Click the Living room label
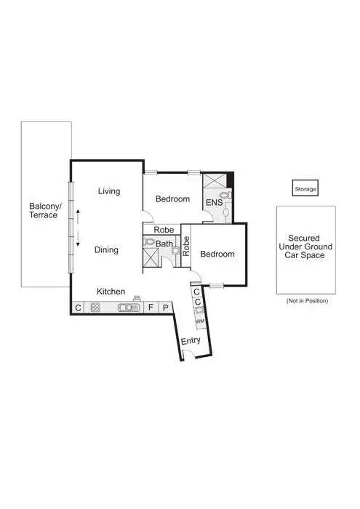[109, 191]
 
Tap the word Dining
[106, 249]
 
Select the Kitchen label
[111, 291]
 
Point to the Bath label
[164, 244]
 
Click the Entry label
[191, 340]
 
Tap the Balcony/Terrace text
[45, 211]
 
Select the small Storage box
[305, 189]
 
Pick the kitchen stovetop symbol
[95, 308]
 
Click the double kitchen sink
[130, 308]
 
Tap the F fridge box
[151, 308]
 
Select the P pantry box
[165, 308]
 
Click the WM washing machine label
[199, 320]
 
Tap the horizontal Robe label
[163, 229]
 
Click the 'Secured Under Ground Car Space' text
[305, 247]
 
